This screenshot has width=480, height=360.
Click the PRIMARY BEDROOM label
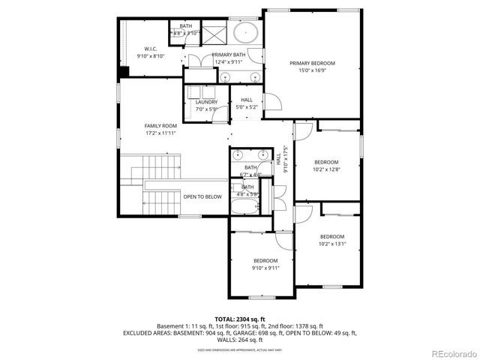point(312,63)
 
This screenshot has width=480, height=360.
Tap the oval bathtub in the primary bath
point(244,34)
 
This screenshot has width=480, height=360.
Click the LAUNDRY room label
point(206,102)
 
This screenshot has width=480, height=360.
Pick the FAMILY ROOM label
point(160,125)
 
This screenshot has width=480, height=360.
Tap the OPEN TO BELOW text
point(202,196)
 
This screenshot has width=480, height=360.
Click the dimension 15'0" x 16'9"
point(312,71)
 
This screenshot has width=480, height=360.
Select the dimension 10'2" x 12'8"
point(326,169)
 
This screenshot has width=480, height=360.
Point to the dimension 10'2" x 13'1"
point(331,244)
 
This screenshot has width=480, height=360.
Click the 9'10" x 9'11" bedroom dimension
point(265,268)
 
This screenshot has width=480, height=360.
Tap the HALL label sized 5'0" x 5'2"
point(247,107)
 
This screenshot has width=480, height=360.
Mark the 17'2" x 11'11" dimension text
point(160,133)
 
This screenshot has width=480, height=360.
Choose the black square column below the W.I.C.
point(124,72)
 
